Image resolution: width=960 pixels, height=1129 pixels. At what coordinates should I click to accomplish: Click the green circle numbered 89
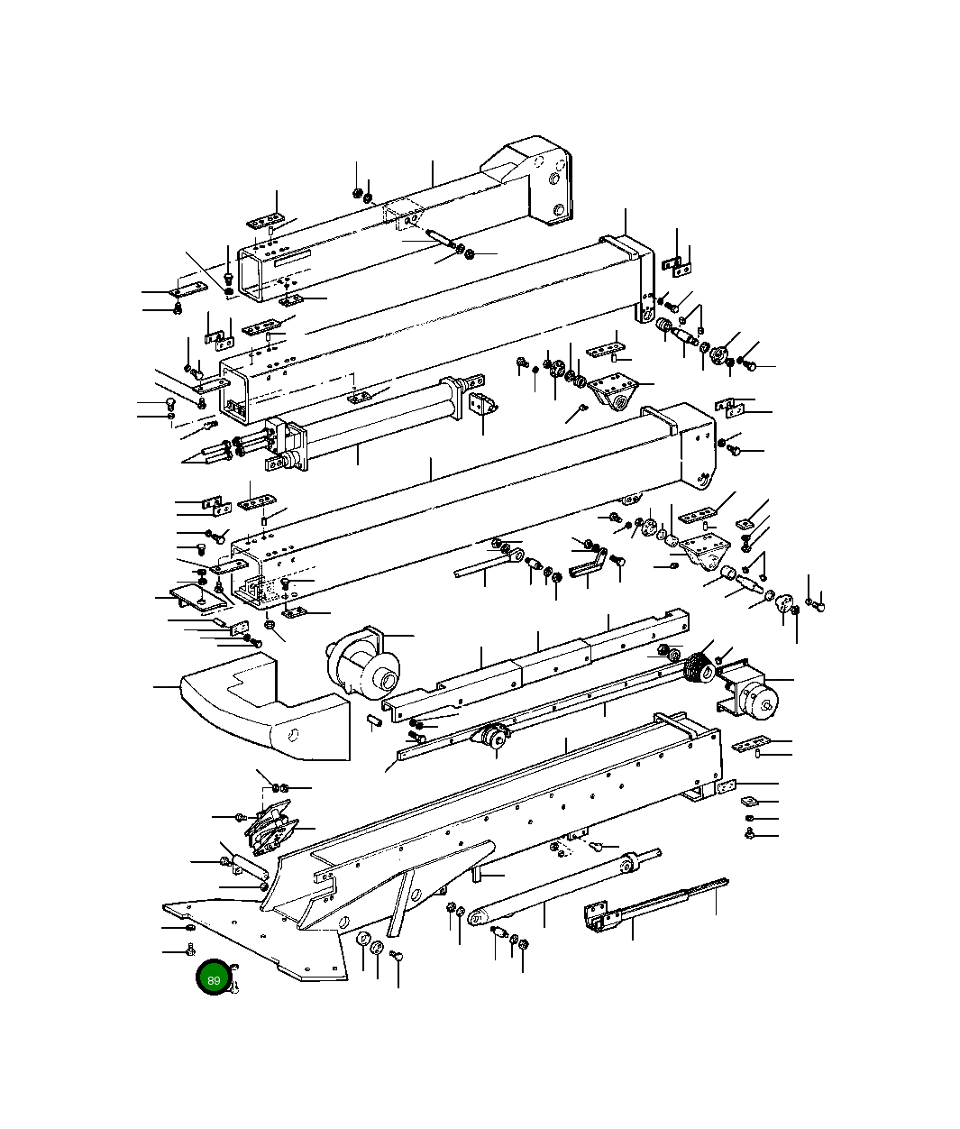(x=214, y=979)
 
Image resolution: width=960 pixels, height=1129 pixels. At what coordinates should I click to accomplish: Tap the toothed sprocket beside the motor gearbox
(x=696, y=669)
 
